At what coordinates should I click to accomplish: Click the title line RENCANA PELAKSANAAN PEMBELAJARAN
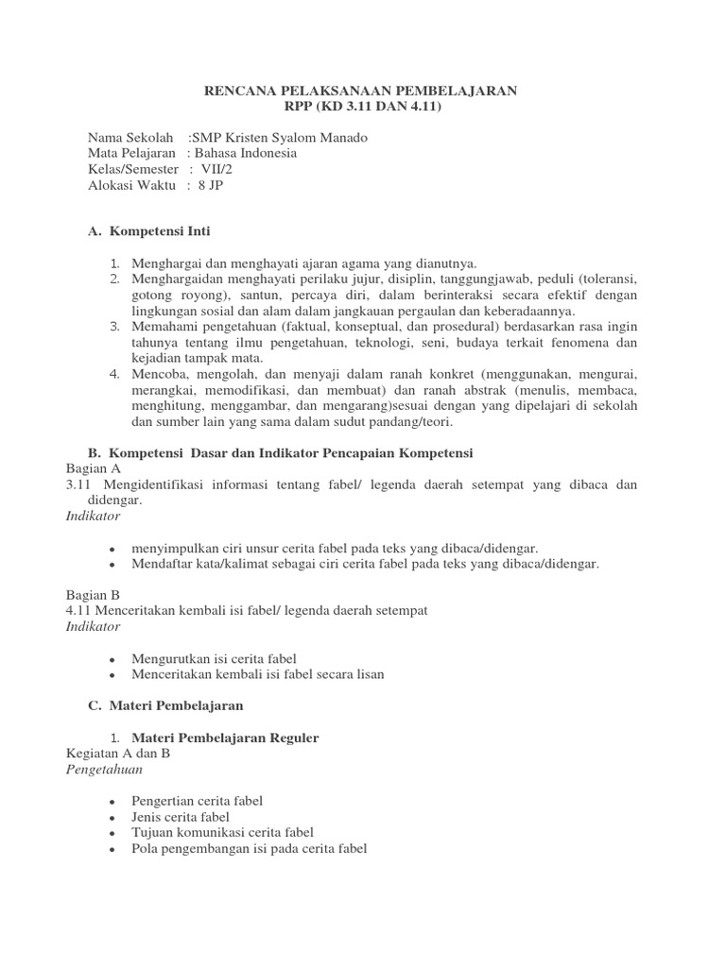(x=362, y=91)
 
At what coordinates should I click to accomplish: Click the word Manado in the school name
(x=341, y=137)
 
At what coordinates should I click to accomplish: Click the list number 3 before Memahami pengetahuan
(x=113, y=327)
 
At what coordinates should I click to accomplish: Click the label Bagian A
(x=93, y=468)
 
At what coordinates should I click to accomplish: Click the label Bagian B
(x=93, y=595)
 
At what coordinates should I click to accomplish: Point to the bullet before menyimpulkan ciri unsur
(x=113, y=549)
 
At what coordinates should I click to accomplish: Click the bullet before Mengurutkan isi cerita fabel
(x=113, y=659)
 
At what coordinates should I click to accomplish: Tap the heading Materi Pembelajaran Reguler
(x=225, y=738)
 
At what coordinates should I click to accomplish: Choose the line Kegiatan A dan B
(x=125, y=754)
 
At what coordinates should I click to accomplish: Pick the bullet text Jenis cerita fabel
(x=182, y=817)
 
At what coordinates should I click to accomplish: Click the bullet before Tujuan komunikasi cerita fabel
(x=113, y=833)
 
